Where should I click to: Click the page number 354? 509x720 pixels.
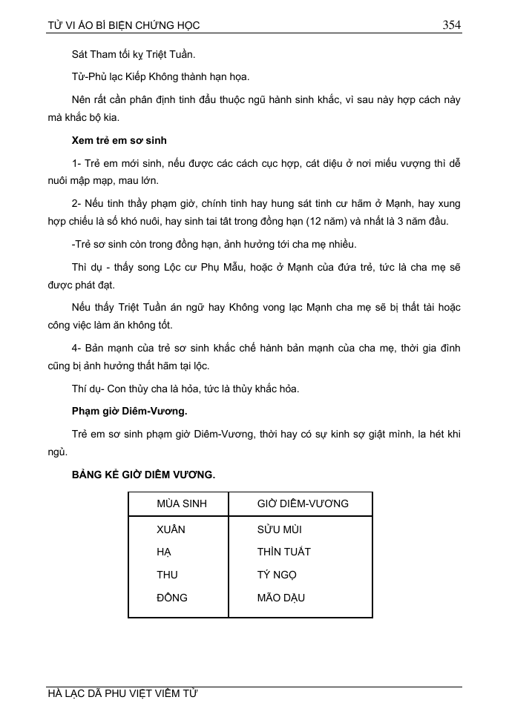452,24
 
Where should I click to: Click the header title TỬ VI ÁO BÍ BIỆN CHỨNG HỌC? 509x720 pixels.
123,25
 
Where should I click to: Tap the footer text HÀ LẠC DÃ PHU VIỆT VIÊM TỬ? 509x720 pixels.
122,694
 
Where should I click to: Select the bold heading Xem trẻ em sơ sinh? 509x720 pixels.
119,140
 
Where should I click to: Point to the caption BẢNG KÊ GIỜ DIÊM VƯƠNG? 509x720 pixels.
143,475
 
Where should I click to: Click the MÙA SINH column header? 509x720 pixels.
182,503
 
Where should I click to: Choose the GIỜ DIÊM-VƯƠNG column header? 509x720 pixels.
303,503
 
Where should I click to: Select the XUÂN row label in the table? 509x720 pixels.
171,529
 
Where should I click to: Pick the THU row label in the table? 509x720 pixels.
168,575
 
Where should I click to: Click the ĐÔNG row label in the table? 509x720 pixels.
172,598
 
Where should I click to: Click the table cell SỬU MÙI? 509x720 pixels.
280,529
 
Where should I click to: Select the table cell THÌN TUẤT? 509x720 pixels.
284,552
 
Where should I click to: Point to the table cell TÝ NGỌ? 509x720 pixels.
277,575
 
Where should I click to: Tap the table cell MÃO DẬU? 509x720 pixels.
281,598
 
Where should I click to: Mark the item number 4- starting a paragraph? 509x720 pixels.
78,347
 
